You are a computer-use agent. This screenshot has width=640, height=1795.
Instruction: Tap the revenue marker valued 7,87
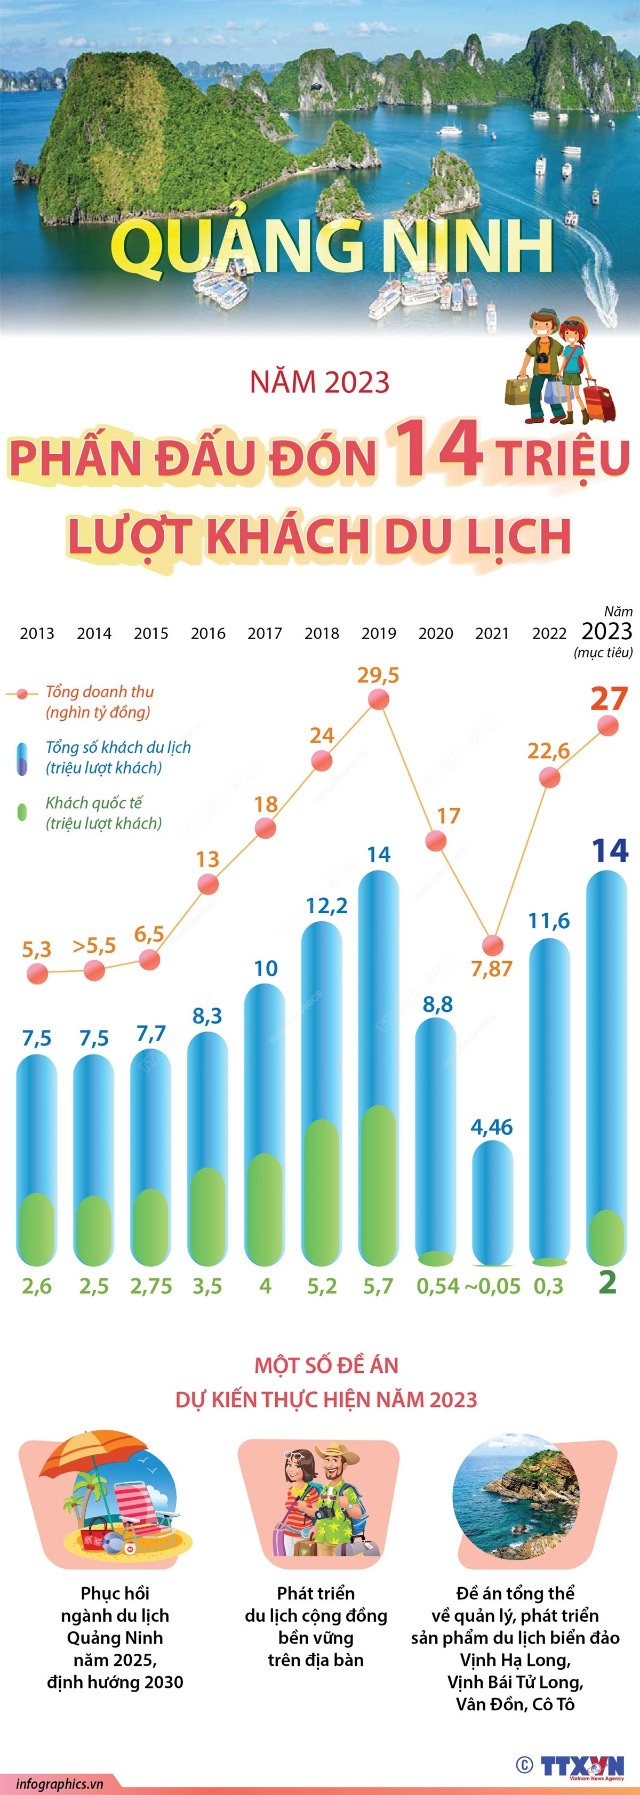coord(493,945)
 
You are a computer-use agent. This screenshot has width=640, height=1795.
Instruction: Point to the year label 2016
coord(208,633)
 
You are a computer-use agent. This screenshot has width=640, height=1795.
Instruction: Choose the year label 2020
coord(436,633)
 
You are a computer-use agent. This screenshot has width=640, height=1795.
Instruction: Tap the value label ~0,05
coord(492,1286)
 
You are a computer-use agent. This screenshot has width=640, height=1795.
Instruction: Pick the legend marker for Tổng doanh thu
coord(22,694)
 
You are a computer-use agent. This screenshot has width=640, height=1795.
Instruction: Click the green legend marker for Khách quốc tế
coord(22,812)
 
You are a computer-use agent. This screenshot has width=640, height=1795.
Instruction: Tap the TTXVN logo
coord(582,1766)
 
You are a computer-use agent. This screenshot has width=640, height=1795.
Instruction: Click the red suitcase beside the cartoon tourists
coord(599,403)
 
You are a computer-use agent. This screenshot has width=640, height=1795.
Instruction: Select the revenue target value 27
coord(609,698)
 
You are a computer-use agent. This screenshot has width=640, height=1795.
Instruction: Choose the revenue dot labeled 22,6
coord(549,777)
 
